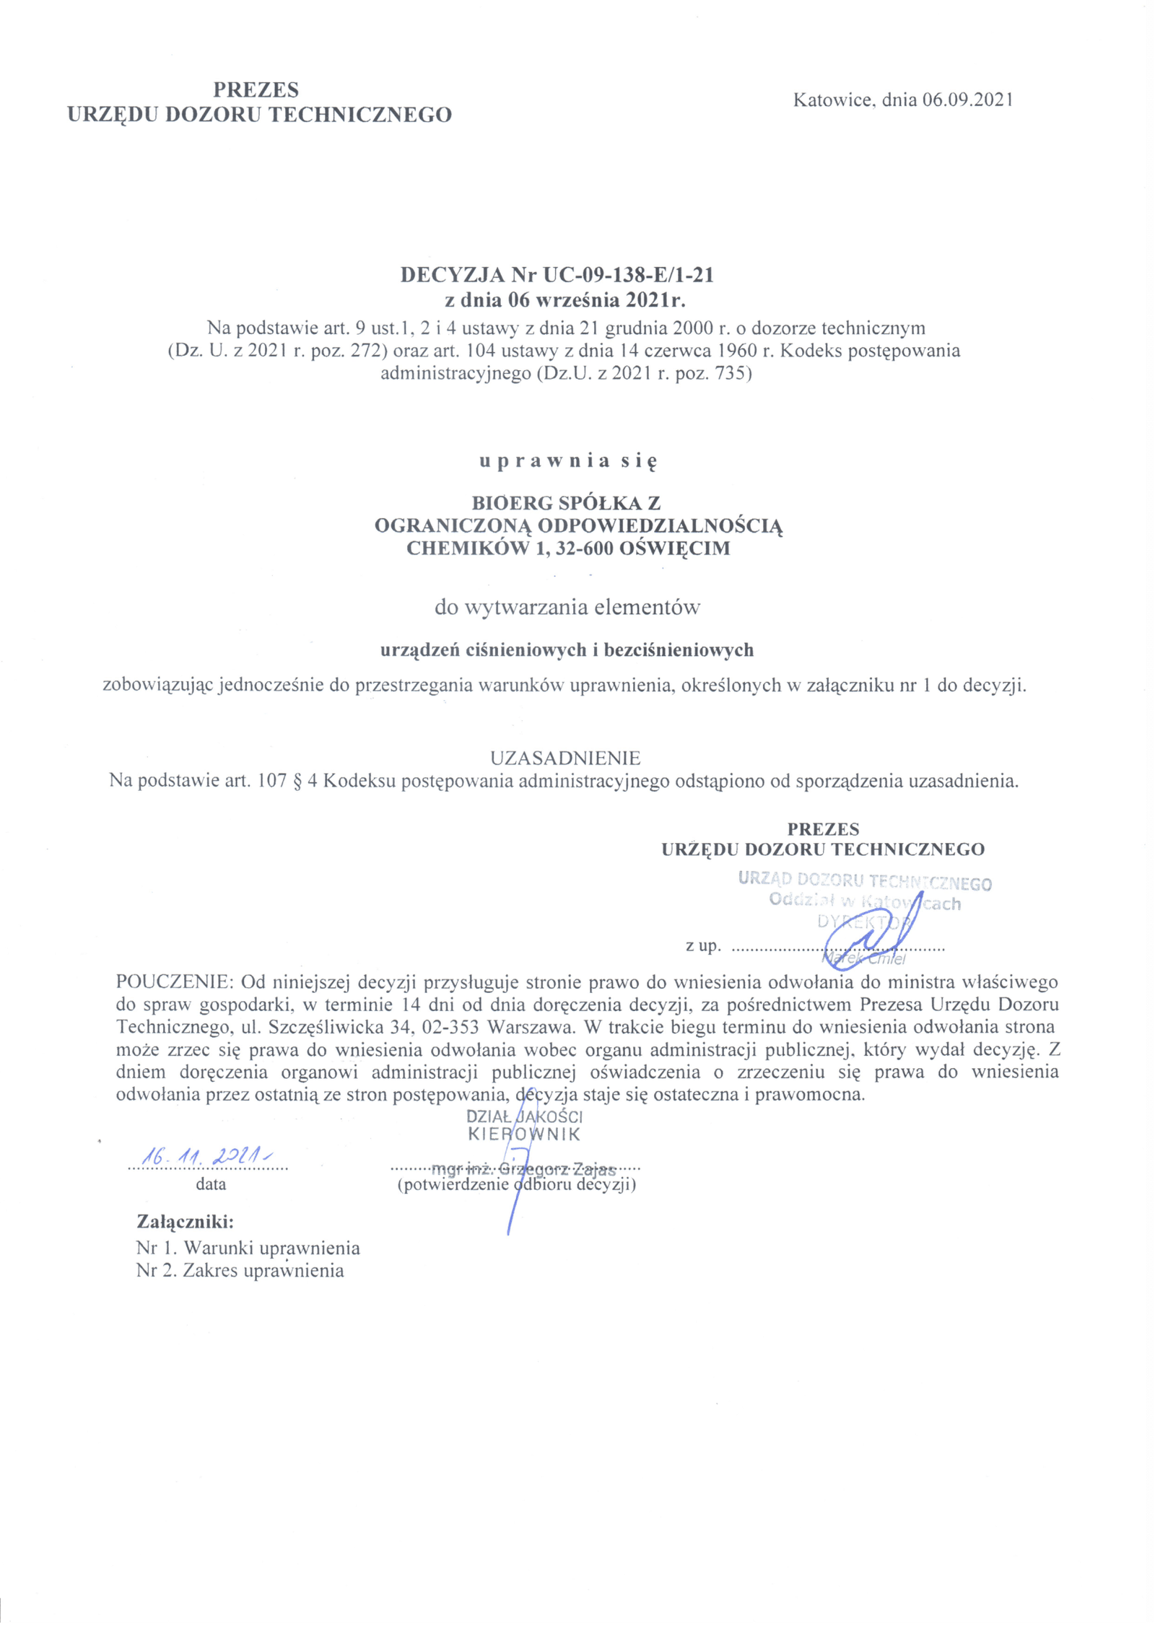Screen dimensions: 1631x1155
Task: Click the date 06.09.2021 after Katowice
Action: [x=967, y=100]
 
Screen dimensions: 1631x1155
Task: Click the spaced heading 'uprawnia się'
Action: [x=568, y=462]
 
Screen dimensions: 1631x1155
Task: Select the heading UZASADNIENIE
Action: [x=565, y=758]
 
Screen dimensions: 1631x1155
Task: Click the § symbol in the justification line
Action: [x=297, y=782]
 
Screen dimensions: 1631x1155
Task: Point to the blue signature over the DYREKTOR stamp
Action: [x=870, y=937]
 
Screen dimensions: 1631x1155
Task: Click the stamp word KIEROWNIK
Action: [x=524, y=1134]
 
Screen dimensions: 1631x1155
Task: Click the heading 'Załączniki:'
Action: [x=186, y=1222]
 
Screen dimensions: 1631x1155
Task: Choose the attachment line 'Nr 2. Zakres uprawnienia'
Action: [x=240, y=1271]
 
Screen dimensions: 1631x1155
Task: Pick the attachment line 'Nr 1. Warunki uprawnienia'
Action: [x=248, y=1248]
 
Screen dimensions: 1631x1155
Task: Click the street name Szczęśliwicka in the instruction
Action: [x=324, y=1027]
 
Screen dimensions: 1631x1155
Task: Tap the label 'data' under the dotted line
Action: [x=211, y=1184]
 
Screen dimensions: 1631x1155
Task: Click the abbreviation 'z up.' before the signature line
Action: [x=703, y=946]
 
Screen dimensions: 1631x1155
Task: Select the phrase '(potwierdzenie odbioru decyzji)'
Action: [x=516, y=1184]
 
